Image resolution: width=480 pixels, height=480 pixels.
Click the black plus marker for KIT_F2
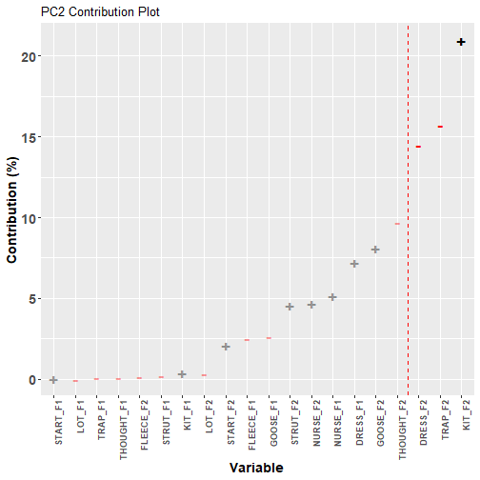coord(461,42)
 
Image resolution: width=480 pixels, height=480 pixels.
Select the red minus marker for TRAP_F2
coord(440,127)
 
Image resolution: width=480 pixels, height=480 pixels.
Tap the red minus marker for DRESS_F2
coord(418,147)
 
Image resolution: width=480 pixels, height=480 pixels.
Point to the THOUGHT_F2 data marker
coord(397,224)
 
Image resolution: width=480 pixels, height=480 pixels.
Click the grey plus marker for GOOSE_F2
coord(375,250)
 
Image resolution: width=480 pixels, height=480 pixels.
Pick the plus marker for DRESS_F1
coord(354,264)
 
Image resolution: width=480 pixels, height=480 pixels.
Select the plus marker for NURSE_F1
coord(332,297)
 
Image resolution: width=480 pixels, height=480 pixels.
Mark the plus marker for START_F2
coord(226,347)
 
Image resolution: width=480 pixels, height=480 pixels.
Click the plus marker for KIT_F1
coord(182,374)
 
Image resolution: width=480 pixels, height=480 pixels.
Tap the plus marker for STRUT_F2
coord(290,307)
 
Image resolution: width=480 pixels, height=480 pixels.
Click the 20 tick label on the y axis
coord(29,57)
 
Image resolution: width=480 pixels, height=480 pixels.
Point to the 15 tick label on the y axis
coord(29,137)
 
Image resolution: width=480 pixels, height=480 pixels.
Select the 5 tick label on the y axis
coord(32,299)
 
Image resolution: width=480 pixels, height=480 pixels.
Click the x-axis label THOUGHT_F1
coord(123,430)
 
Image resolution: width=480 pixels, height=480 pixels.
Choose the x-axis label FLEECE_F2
coord(145,425)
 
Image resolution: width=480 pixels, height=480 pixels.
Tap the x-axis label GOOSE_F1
coord(273,423)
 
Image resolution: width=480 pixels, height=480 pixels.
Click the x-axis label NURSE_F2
coord(316,423)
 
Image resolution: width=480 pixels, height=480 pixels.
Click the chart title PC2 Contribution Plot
coord(100,12)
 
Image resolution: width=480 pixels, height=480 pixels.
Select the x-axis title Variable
coord(256,468)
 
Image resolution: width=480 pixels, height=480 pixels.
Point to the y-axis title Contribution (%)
coord(12,210)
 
